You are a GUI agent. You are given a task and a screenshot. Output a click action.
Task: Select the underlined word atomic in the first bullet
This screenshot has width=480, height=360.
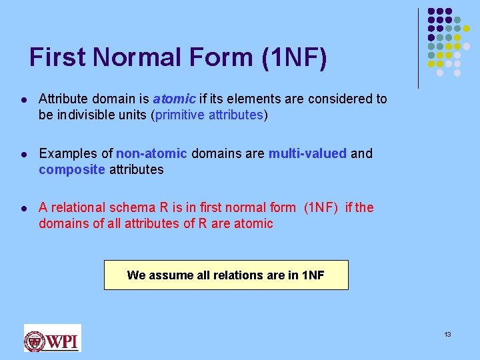(x=175, y=99)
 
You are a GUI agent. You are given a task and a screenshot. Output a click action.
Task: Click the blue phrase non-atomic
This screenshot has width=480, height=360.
(x=152, y=153)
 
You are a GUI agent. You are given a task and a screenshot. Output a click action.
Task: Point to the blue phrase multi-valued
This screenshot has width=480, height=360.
(x=307, y=153)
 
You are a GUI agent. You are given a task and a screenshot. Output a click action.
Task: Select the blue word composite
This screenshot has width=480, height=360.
(x=72, y=169)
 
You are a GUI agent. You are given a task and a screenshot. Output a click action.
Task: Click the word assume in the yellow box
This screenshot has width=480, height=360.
(x=165, y=275)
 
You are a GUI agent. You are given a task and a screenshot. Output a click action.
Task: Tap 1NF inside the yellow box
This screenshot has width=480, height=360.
(x=312, y=275)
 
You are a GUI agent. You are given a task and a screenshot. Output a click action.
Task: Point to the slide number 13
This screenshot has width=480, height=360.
(x=447, y=334)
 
